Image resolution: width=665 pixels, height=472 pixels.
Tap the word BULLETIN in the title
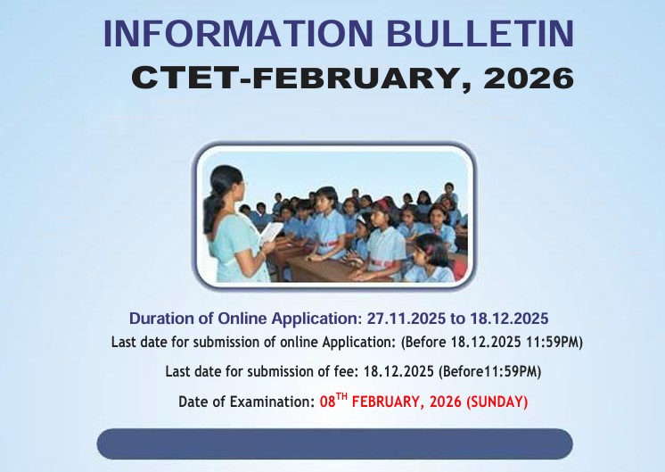[x=479, y=34]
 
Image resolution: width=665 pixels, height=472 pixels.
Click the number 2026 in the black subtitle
[x=527, y=78]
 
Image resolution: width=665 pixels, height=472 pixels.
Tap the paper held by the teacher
[x=270, y=233]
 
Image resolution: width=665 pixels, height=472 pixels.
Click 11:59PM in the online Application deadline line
[x=556, y=342]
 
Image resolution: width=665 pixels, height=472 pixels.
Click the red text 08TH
[x=333, y=402]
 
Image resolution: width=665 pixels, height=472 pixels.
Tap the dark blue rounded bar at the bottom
[x=334, y=443]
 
